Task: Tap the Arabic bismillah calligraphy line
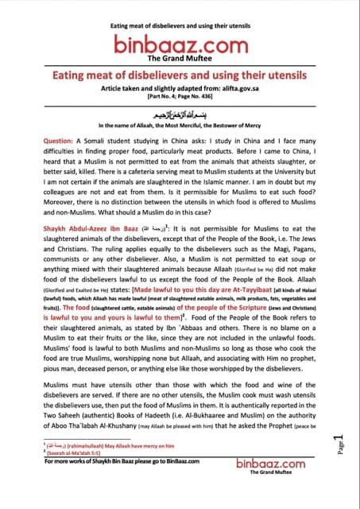(x=179, y=115)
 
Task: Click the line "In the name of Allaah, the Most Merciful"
(x=179, y=126)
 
